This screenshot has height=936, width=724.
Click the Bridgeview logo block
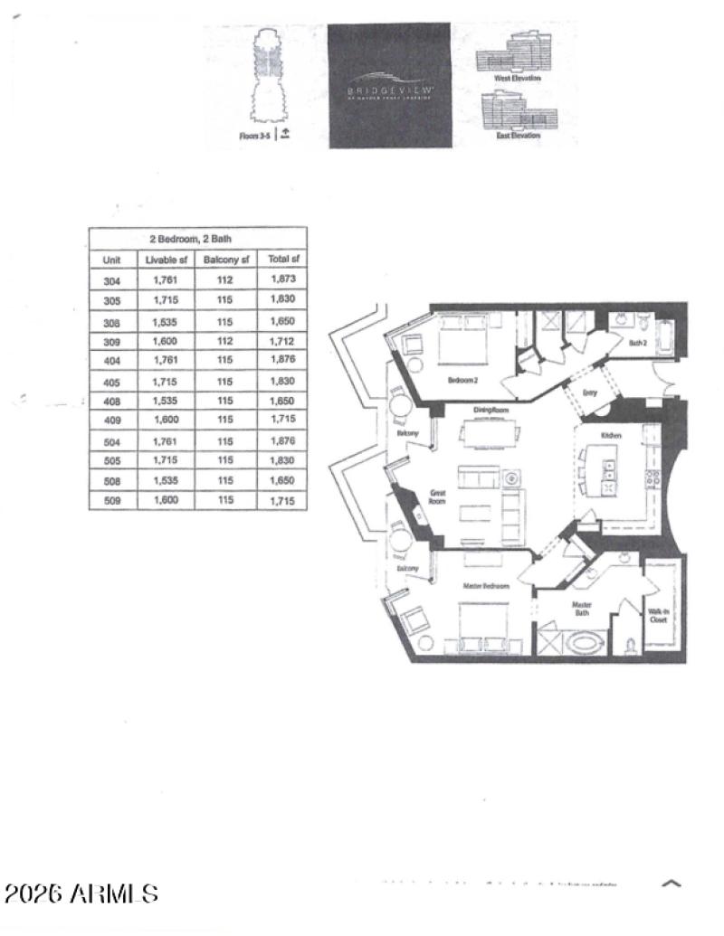pyautogui.click(x=389, y=86)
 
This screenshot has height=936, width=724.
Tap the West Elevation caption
pyautogui.click(x=518, y=79)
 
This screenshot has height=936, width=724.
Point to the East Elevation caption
pyautogui.click(x=518, y=136)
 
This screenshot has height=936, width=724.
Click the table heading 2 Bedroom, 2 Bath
pyautogui.click(x=197, y=239)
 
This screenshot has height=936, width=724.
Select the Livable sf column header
pyautogui.click(x=167, y=260)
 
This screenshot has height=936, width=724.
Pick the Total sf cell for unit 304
pyautogui.click(x=282, y=279)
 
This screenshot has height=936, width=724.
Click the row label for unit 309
pyautogui.click(x=112, y=342)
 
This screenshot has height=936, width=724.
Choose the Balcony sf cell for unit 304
pyautogui.click(x=225, y=279)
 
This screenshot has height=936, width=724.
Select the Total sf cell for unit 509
pyautogui.click(x=282, y=500)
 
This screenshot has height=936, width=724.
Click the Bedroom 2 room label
pyautogui.click(x=462, y=381)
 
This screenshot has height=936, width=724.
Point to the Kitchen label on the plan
pyautogui.click(x=613, y=436)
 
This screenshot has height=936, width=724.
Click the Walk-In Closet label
pyautogui.click(x=658, y=617)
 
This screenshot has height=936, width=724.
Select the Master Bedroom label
pyautogui.click(x=486, y=587)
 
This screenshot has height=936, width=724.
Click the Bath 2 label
pyautogui.click(x=638, y=343)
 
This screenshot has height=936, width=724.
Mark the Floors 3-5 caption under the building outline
pyautogui.click(x=255, y=136)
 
